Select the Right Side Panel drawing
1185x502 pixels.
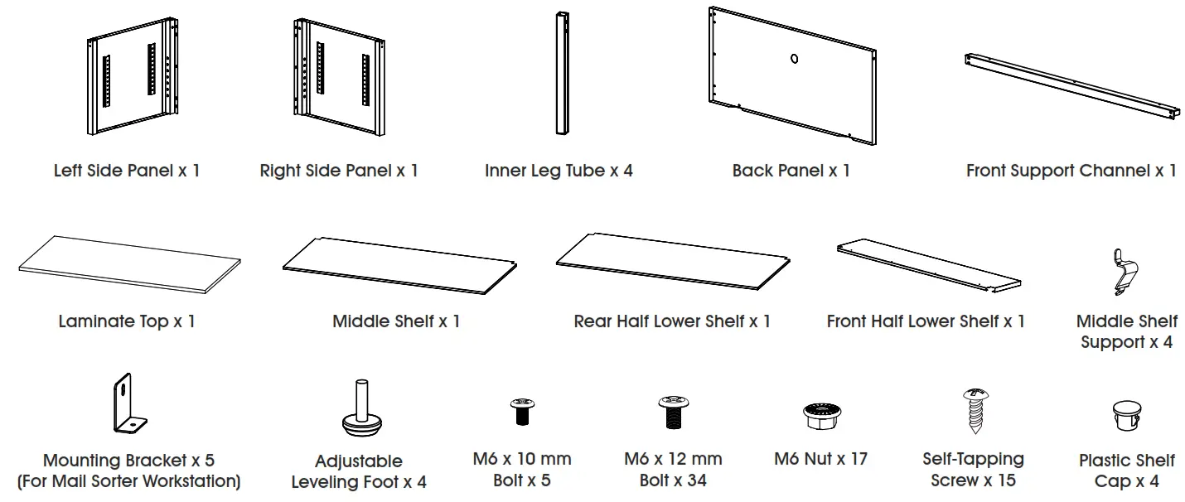tap(340, 82)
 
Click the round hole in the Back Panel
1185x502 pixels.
tap(793, 59)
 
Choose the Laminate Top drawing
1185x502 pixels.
tap(128, 264)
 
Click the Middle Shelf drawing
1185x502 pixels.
tap(401, 266)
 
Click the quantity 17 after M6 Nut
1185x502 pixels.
tap(857, 459)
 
